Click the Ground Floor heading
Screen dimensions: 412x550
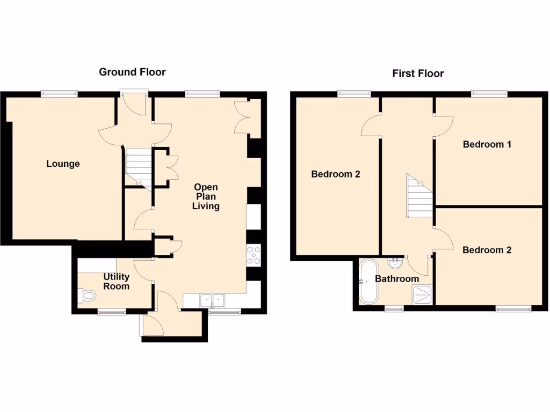[132, 72]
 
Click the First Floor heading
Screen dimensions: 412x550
[418, 73]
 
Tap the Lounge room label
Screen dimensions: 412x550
[63, 164]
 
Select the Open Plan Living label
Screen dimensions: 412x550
[206, 196]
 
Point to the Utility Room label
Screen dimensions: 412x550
[117, 281]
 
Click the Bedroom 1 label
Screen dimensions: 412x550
[487, 144]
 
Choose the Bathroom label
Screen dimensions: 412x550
[396, 279]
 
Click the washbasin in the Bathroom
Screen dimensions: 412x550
[395, 262]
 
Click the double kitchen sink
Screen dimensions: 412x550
[213, 301]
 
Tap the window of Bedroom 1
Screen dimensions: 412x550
[489, 94]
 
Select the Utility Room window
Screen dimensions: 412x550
[112, 311]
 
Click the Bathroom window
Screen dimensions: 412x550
[395, 308]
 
